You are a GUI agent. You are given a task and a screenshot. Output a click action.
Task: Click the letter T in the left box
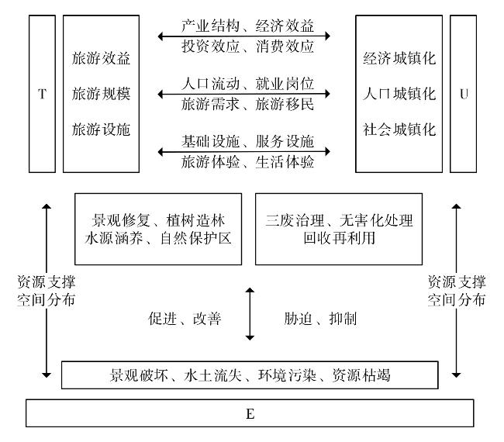tap(42, 94)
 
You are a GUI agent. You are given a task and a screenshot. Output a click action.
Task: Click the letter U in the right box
tap(464, 94)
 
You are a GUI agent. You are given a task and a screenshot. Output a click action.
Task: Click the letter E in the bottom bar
tap(250, 414)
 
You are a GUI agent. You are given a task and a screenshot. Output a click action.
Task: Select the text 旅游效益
tap(101, 58)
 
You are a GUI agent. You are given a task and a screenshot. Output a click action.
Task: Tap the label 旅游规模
tap(101, 94)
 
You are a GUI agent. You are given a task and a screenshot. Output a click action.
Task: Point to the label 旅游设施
tap(101, 129)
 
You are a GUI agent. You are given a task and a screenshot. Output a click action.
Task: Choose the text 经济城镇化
tap(399, 58)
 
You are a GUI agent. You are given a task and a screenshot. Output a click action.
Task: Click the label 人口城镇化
tap(399, 94)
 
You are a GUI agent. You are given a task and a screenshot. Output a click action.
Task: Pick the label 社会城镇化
tap(399, 129)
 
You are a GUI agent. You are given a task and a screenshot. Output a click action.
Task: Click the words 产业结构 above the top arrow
tap(211, 26)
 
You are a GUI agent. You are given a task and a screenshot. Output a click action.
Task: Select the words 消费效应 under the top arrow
tap(285, 47)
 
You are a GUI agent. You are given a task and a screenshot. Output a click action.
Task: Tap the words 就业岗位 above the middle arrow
tap(285, 84)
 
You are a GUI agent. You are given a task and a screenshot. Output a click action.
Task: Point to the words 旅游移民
tap(285, 104)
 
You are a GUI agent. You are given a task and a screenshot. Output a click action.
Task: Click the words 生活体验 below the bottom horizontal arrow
tap(285, 162)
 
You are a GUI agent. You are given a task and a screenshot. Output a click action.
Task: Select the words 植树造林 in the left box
tap(195, 220)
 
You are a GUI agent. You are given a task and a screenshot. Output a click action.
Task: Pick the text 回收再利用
tap(339, 238)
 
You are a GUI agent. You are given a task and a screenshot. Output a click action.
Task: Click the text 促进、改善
tap(185, 319)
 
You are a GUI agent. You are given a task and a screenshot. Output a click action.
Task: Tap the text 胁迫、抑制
tap(320, 319)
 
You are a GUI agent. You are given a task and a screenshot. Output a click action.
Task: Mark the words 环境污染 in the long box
tap(287, 375)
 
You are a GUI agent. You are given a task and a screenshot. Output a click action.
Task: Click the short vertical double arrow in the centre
tap(250, 314)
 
